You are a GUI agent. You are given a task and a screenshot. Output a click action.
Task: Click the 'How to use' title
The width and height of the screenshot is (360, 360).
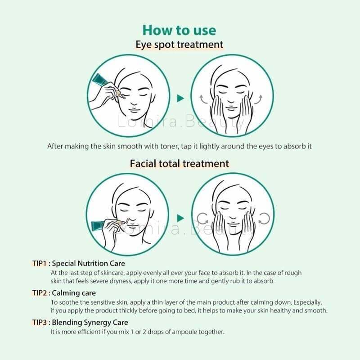coord(179,30)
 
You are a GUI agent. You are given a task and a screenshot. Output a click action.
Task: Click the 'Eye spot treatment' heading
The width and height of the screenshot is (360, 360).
coord(179,44)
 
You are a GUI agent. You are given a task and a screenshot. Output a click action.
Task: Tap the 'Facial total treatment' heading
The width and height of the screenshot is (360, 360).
coord(179,163)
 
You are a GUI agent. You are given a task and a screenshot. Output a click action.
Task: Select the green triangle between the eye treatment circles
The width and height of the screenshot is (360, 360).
coord(180,98)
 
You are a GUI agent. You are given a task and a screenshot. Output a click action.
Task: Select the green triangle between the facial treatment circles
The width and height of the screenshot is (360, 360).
coord(180,218)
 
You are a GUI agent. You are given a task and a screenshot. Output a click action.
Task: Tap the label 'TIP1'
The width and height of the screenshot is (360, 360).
coord(39,263)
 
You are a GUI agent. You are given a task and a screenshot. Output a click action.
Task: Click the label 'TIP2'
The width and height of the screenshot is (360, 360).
coord(40,293)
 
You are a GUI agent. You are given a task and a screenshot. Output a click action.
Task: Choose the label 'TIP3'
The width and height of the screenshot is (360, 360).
coord(40,322)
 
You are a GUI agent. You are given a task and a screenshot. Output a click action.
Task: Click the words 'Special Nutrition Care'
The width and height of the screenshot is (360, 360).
coord(88,264)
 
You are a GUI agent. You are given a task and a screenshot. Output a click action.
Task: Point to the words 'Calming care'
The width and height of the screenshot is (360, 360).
coord(74,293)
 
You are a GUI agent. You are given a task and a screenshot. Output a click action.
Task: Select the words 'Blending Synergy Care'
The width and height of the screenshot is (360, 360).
coord(90,323)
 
